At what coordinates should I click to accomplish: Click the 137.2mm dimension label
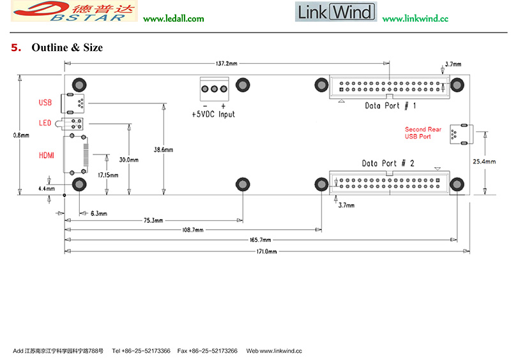point(227,64)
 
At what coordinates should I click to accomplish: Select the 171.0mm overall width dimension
point(267,252)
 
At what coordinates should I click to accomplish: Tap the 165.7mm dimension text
point(260,240)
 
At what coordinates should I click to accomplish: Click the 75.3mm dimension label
point(153,220)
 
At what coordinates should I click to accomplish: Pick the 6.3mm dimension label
point(98,213)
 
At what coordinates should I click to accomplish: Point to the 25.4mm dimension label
point(484,162)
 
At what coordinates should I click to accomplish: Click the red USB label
point(45,102)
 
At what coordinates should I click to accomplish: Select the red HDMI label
point(47,155)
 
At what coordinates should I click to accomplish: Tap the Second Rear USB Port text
point(423,133)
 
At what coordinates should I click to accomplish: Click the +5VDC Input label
point(213,114)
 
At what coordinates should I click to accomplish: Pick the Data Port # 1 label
point(390,105)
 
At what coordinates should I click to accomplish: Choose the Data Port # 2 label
point(388,163)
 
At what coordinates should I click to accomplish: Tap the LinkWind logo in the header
point(335,12)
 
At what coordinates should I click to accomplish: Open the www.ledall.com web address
point(174,19)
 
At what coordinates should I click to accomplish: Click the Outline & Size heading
point(66,48)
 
